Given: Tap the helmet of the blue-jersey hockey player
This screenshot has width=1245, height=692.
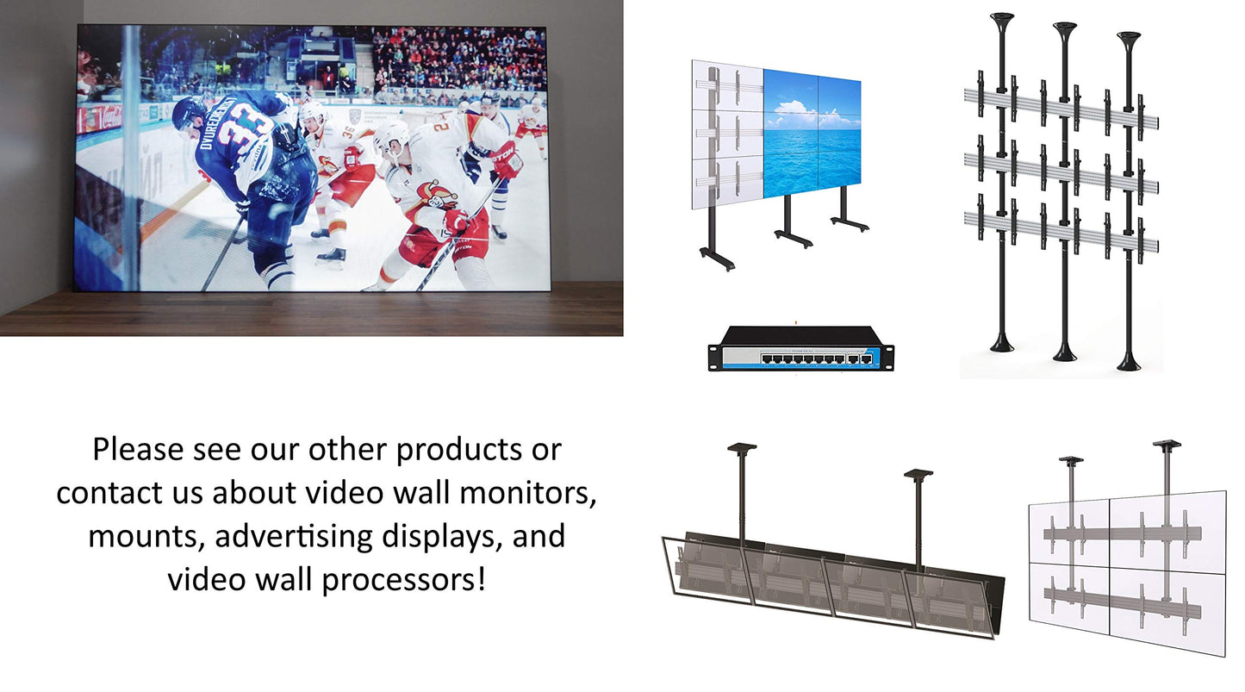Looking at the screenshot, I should pos(189,112).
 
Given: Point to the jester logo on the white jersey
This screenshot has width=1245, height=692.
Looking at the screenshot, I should pos(439,195).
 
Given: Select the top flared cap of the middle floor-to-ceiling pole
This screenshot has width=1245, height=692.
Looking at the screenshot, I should pos(1065,29).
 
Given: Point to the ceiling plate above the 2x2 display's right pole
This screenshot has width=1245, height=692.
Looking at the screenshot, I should pos(1167,446).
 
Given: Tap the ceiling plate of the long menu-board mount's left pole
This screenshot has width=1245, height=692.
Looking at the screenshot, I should pos(742,447).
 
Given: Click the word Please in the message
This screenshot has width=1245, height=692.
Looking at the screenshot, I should pos(139,450).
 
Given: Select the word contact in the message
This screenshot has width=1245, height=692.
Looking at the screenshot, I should pos(107,493).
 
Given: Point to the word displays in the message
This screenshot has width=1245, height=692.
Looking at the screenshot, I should pos(447,536).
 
